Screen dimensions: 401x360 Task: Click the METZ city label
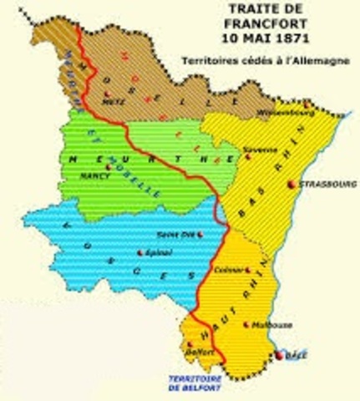coord(107,103)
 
